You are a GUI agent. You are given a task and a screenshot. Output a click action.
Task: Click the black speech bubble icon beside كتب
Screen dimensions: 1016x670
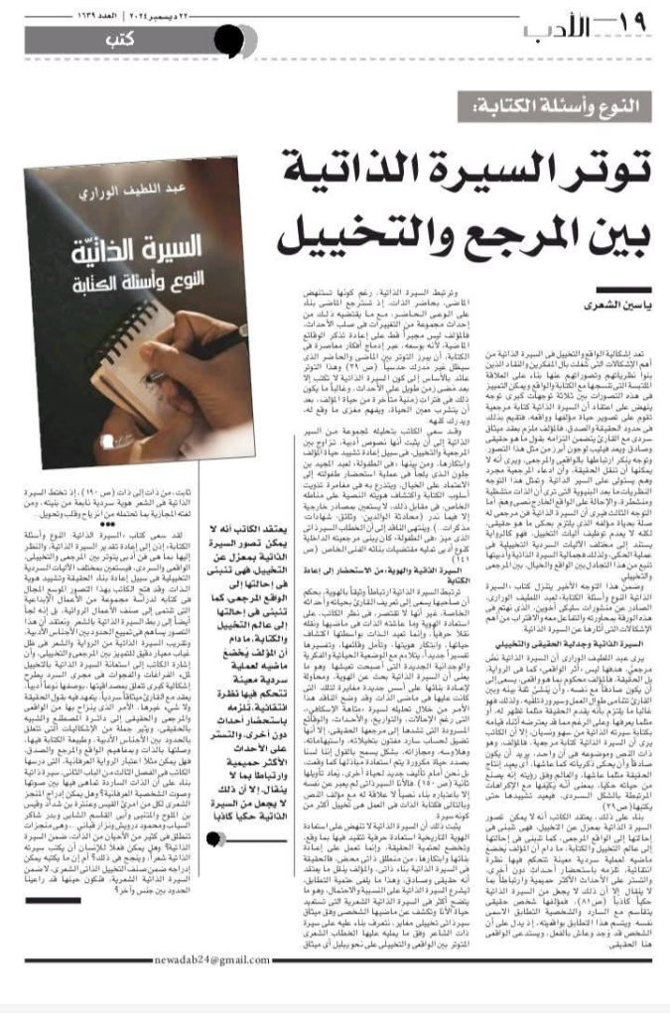pyautogui.click(x=227, y=42)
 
